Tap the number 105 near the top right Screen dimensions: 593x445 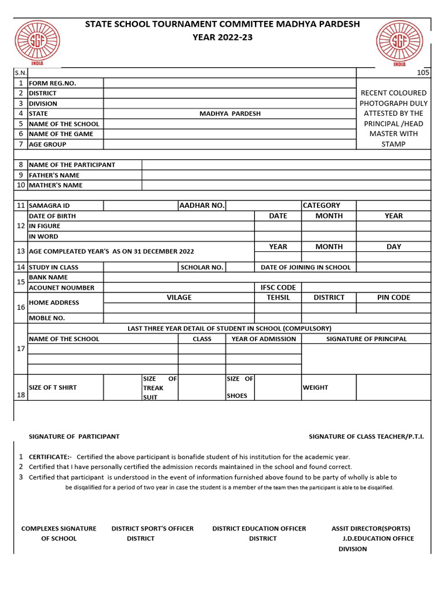[423, 73]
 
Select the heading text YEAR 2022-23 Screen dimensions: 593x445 [222, 38]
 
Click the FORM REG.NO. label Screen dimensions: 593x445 [53, 83]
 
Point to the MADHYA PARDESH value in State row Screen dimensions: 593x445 [230, 114]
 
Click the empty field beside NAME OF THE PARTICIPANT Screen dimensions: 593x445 [286, 164]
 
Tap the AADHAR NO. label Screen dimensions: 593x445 [202, 205]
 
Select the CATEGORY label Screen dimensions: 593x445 [321, 205]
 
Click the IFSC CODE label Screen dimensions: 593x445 [278, 287]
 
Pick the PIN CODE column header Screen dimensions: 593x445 [393, 297]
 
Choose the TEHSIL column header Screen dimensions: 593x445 [278, 297]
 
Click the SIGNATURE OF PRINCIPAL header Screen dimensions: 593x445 [366, 339]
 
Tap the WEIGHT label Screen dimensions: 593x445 [315, 387]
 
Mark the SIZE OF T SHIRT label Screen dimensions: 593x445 [53, 387]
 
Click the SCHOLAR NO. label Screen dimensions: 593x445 [202, 267]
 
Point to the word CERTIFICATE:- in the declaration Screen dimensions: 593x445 [50, 457]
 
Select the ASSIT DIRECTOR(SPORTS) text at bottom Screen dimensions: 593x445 [371, 528]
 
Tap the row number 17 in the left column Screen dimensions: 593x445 [21, 349]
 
